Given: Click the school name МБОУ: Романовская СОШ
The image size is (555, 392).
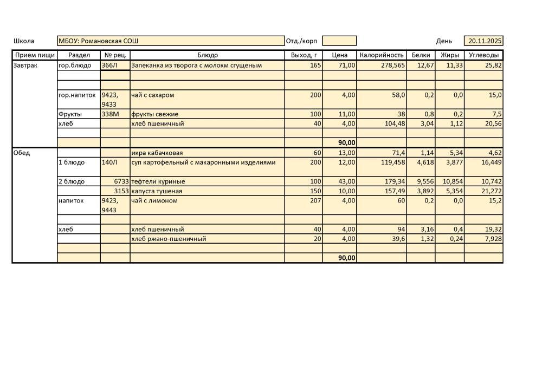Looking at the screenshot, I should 98,41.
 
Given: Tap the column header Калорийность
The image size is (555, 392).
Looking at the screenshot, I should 382,55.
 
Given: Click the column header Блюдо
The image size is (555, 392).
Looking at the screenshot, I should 207,55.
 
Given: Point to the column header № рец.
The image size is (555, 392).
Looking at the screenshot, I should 115,55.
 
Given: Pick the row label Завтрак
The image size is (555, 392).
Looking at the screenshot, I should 25,66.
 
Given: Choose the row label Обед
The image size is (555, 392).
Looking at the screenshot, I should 22,153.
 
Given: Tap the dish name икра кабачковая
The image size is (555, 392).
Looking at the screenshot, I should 157,153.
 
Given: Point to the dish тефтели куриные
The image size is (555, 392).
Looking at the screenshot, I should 158,181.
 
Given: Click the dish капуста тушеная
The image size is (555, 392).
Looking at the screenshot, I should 157,191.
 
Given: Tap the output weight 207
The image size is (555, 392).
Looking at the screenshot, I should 315,201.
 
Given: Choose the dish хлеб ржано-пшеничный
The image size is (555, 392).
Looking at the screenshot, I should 168,239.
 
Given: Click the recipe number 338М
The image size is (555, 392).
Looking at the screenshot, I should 110,114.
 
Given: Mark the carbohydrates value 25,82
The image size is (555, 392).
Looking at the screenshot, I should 493,66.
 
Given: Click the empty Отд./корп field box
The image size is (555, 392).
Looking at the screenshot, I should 339,41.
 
